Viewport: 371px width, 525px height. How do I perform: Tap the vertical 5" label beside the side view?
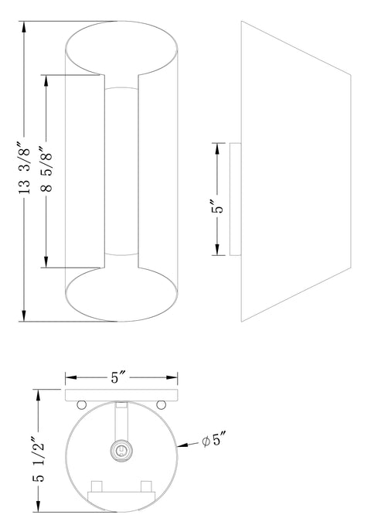[x=219, y=206]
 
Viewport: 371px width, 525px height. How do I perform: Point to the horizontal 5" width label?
[x=121, y=378]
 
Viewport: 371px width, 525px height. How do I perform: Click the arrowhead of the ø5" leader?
[x=182, y=446]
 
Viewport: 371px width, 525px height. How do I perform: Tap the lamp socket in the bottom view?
[x=121, y=451]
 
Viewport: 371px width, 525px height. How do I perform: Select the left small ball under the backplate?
[x=82, y=404]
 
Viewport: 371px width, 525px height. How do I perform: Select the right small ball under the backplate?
[x=162, y=404]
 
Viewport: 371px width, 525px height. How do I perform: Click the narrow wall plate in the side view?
[x=236, y=199]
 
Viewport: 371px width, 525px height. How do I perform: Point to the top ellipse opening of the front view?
[x=121, y=51]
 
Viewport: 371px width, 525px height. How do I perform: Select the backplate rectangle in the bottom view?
[x=121, y=396]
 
